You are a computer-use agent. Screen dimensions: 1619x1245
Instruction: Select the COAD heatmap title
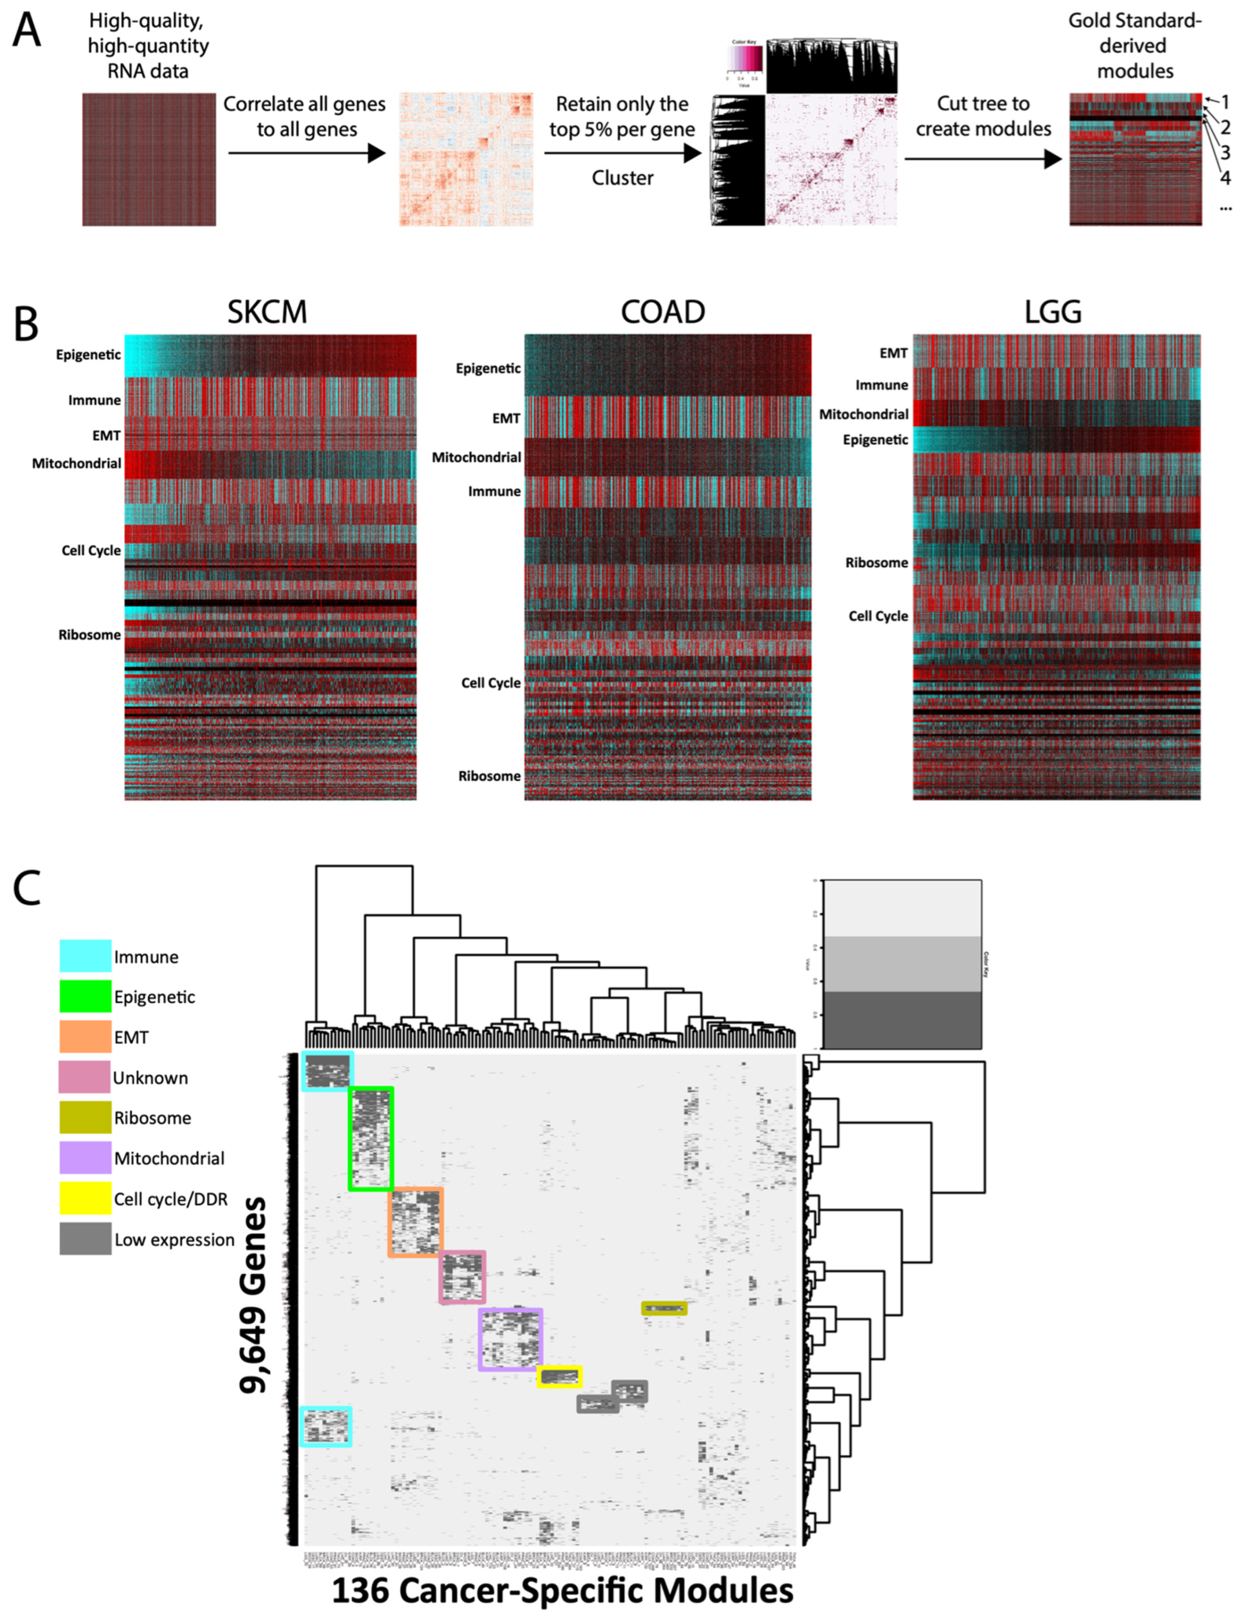(662, 312)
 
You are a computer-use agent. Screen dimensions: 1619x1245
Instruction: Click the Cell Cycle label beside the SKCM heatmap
(91, 550)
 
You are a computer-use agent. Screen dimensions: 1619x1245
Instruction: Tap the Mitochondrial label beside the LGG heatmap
(863, 414)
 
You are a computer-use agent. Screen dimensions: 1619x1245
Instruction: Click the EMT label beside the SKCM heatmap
(106, 436)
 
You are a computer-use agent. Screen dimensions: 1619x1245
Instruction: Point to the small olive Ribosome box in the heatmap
(664, 1309)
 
